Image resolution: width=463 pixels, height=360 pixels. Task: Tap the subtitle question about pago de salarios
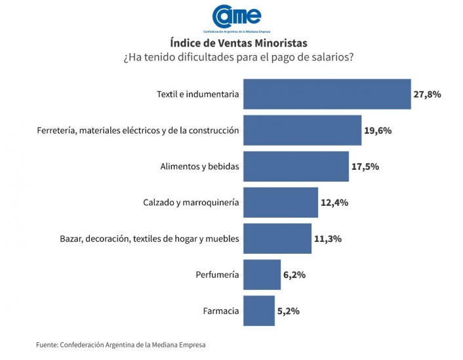click(x=238, y=58)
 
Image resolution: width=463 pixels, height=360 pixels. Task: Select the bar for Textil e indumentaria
click(x=327, y=94)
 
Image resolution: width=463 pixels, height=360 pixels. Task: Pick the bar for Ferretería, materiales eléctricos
click(x=302, y=130)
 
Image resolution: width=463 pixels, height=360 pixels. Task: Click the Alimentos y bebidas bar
click(x=296, y=166)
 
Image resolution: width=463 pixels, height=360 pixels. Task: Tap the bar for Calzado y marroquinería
click(x=281, y=202)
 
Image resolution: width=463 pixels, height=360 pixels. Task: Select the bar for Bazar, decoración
click(x=277, y=239)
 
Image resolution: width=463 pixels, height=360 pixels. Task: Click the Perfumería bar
click(x=262, y=274)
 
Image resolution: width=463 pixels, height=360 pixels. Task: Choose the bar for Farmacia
click(x=258, y=311)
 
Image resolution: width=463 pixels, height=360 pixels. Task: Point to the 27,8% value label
click(x=427, y=94)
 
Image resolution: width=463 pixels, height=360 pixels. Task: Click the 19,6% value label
click(x=378, y=130)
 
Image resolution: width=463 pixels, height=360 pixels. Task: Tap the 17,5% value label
click(x=365, y=167)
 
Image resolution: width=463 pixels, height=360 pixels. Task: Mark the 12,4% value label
click(x=334, y=203)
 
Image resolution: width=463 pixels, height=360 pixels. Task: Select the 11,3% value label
click(x=327, y=239)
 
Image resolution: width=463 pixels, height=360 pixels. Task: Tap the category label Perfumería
click(x=217, y=275)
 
